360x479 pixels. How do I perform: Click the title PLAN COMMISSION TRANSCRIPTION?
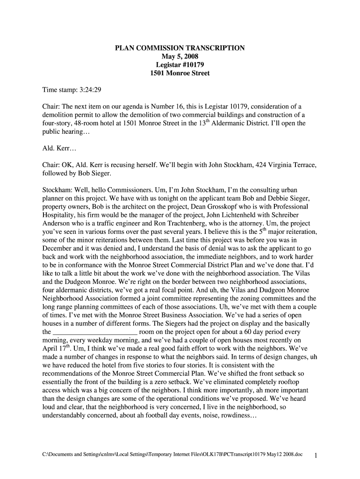(180, 48)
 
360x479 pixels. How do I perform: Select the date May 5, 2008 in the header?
(180, 57)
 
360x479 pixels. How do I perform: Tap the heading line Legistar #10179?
(180, 65)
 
